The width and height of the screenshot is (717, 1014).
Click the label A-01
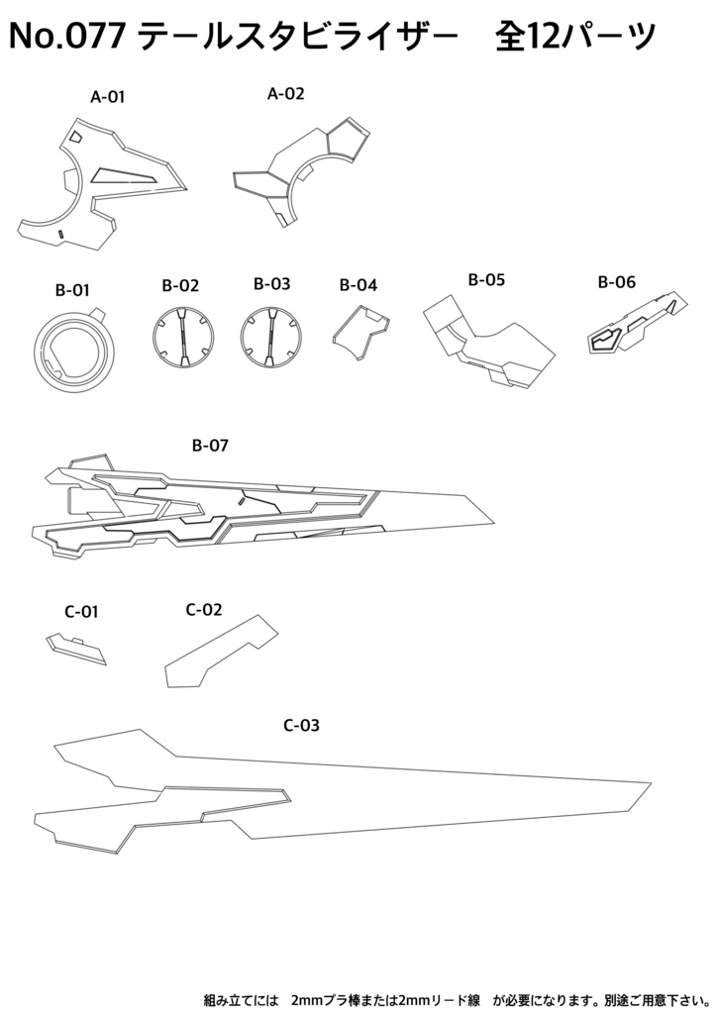(107, 97)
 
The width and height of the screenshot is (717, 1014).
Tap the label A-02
(286, 94)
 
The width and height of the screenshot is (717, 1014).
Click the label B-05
(486, 280)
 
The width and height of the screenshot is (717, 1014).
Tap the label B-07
(210, 446)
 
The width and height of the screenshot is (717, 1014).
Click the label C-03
(302, 726)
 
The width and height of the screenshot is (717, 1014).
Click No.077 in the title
(66, 37)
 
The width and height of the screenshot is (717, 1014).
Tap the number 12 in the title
(547, 37)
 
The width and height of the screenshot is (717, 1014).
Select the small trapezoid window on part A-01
(75, 136)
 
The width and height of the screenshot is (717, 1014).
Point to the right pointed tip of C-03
(651, 782)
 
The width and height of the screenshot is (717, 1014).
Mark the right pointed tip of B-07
(495, 523)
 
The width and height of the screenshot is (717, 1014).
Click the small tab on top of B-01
(98, 314)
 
